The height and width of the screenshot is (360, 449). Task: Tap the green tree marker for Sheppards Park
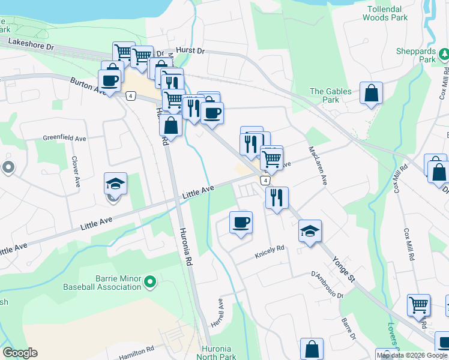coord(445,55)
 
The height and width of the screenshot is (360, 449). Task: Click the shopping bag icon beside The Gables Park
coord(372,94)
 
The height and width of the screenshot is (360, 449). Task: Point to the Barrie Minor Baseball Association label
coord(101,283)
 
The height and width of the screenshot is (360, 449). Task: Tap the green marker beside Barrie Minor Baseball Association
coord(151,280)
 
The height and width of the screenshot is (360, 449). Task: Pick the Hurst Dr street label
coord(190,52)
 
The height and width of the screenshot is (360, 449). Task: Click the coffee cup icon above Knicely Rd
coord(241,223)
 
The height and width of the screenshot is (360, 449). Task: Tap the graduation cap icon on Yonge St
coord(310,231)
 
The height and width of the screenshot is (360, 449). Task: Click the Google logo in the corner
coord(20,353)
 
